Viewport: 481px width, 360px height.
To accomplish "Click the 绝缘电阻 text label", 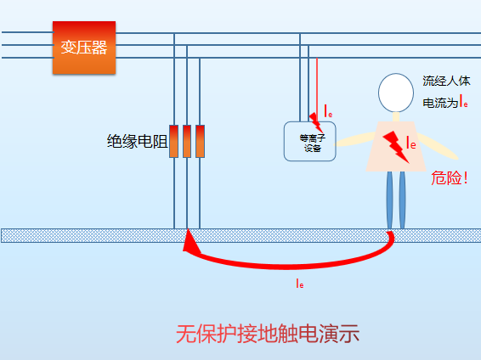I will pyautogui.click(x=136, y=142).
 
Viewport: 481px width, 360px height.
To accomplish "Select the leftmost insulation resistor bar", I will pyautogui.click(x=173, y=141).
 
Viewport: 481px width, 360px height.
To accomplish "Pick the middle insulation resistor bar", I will pyautogui.click(x=187, y=141).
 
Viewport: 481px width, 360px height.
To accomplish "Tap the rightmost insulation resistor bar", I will pyautogui.click(x=201, y=141).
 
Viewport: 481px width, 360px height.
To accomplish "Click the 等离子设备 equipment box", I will pyautogui.click(x=309, y=141).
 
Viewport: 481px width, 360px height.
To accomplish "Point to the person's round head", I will pyautogui.click(x=394, y=93).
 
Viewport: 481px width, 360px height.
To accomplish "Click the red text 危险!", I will pyautogui.click(x=450, y=178).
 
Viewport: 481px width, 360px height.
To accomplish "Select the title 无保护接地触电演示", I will pyautogui.click(x=268, y=334).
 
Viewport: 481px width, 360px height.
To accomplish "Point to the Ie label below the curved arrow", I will pyautogui.click(x=300, y=283).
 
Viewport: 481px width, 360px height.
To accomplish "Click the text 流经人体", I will pyautogui.click(x=445, y=82).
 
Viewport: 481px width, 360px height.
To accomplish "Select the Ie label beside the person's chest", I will pyautogui.click(x=410, y=143).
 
